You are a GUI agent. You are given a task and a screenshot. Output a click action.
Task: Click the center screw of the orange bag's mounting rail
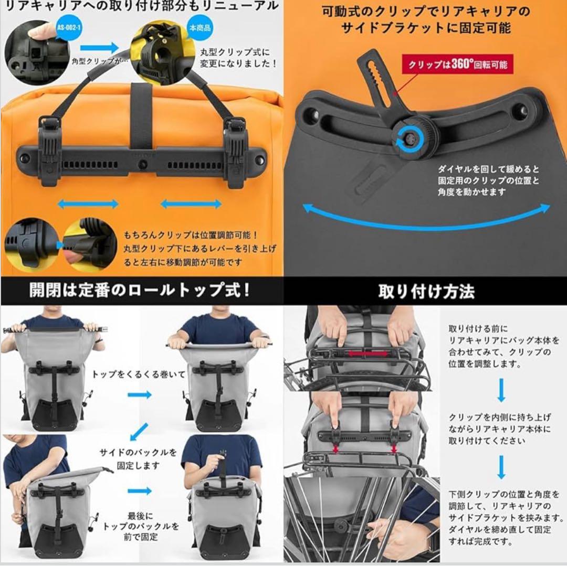pos(142,165)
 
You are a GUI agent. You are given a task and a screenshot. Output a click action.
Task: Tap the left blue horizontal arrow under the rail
pos(88,204)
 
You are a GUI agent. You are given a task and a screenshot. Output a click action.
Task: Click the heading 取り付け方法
pos(426,292)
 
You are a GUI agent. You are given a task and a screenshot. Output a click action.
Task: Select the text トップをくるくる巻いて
pos(139,374)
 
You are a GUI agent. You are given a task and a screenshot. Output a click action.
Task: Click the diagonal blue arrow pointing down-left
pos(138,431)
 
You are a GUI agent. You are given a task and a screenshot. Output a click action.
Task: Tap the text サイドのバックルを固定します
pos(138,458)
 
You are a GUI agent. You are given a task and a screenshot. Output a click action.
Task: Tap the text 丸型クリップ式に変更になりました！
pos(239,58)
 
